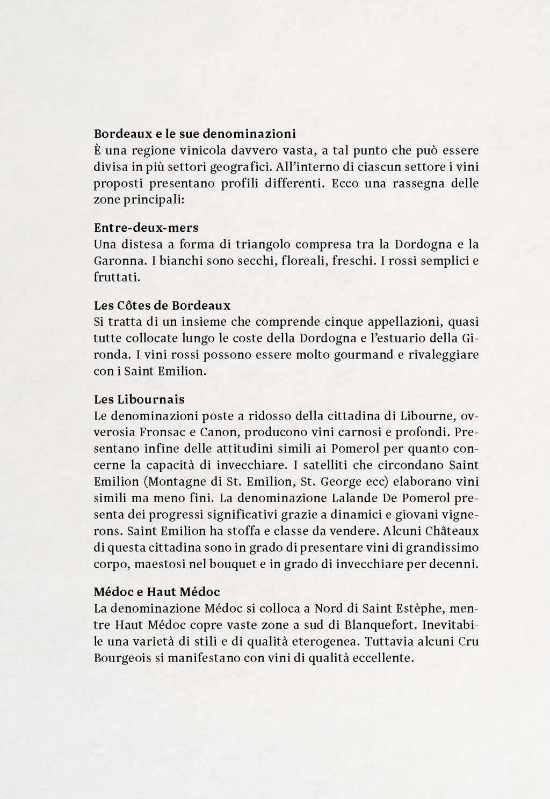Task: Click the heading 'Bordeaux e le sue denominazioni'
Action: pyautogui.click(x=195, y=133)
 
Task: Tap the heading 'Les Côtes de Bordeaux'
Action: pyautogui.click(x=162, y=306)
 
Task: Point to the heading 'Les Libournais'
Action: pyautogui.click(x=139, y=399)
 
